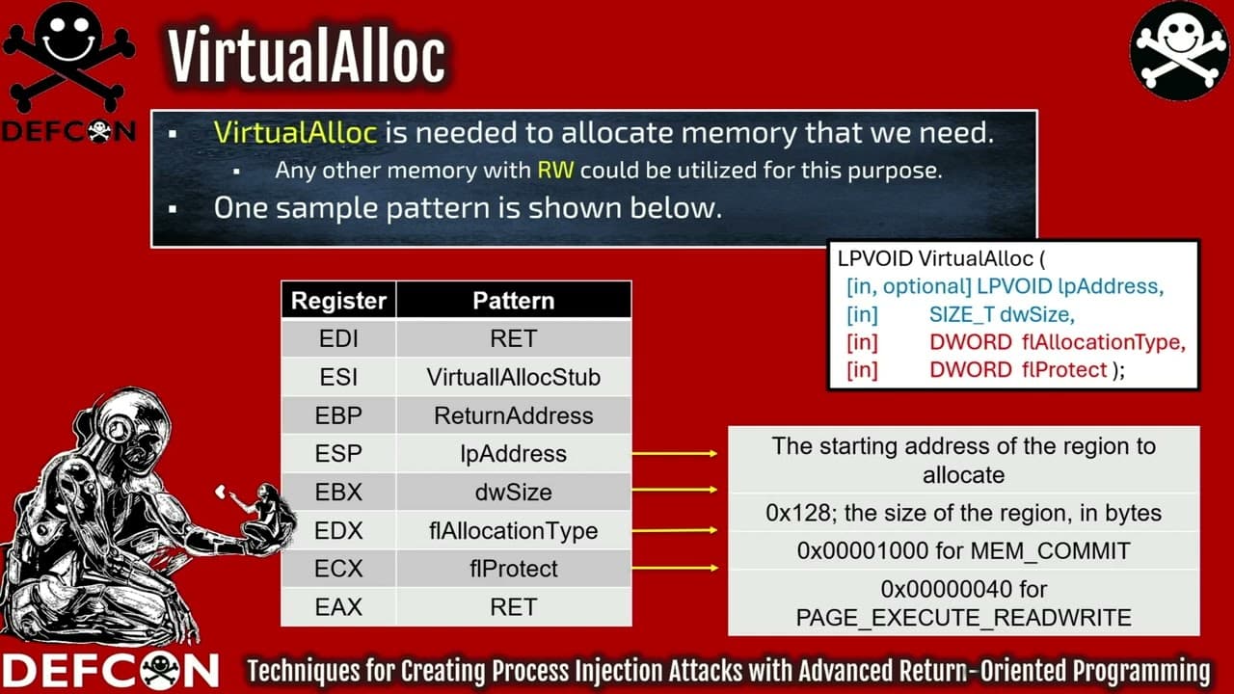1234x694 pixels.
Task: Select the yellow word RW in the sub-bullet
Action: point(555,171)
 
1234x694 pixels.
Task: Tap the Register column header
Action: point(338,301)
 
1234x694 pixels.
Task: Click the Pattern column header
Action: point(513,301)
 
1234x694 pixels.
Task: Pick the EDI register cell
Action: point(338,339)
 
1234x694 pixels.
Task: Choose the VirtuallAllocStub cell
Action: point(513,378)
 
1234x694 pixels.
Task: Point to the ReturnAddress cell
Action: point(513,416)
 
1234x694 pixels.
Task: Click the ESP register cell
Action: point(338,454)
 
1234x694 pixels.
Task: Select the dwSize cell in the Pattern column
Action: point(513,493)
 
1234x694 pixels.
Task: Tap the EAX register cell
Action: point(338,607)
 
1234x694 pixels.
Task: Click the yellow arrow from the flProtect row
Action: point(675,569)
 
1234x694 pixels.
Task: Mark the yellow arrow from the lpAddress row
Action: point(675,453)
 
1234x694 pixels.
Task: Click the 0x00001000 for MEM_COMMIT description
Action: point(963,551)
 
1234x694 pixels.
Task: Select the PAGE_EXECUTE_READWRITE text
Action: point(963,618)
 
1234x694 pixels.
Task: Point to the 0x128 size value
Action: point(787,513)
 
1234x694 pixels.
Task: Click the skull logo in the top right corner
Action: point(1180,50)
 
